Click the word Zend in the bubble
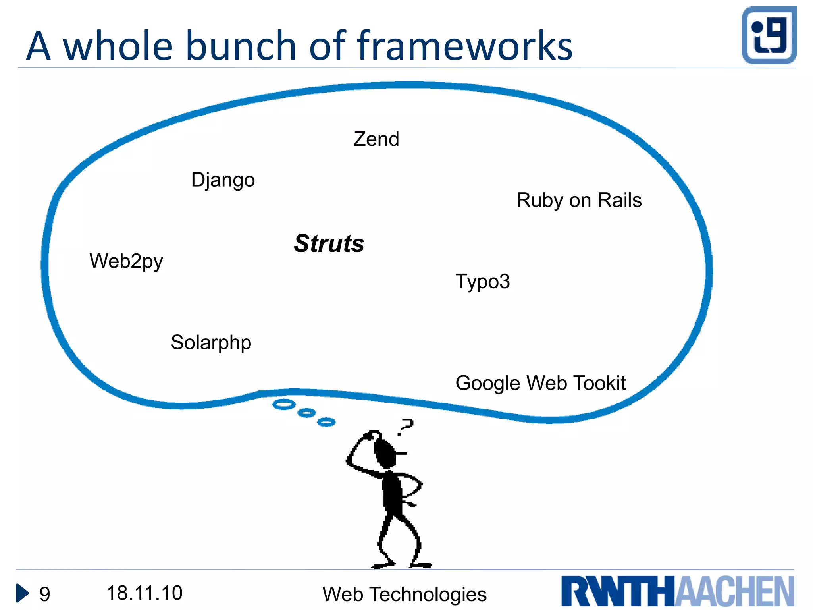pyautogui.click(x=376, y=139)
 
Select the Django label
pyautogui.click(x=223, y=180)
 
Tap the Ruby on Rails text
pyautogui.click(x=579, y=200)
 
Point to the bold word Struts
pyautogui.click(x=329, y=243)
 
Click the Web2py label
pyautogui.click(x=126, y=262)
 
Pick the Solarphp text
pyautogui.click(x=211, y=343)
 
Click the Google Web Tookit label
pyautogui.click(x=540, y=384)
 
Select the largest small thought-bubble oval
pyautogui.click(x=284, y=405)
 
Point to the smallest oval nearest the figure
pyautogui.click(x=326, y=422)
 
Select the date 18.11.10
pyautogui.click(x=144, y=593)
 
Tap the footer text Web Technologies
pyautogui.click(x=404, y=595)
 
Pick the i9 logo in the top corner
pyautogui.click(x=769, y=35)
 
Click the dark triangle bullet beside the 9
pyautogui.click(x=22, y=593)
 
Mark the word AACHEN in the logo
pyautogui.click(x=734, y=591)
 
